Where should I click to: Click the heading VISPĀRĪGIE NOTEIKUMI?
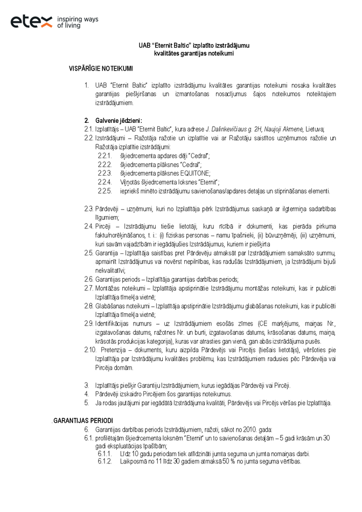click(x=101, y=68)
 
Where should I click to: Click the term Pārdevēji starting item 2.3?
click(x=107, y=209)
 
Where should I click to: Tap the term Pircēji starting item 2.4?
click(x=103, y=226)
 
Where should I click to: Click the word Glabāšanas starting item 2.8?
click(x=110, y=306)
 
